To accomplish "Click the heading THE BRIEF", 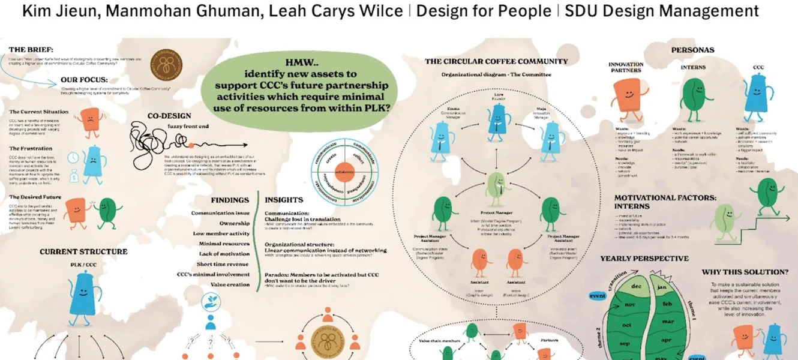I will (31, 49).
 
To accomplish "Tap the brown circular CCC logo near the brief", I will (166, 65).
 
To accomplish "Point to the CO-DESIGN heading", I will (169, 116).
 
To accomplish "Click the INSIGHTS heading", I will (284, 200).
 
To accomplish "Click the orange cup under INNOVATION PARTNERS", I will (626, 96).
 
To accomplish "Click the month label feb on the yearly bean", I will (667, 304).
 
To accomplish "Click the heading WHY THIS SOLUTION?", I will (745, 272).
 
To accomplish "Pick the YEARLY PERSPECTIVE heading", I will (645, 259).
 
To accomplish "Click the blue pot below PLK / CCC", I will (82, 294).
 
